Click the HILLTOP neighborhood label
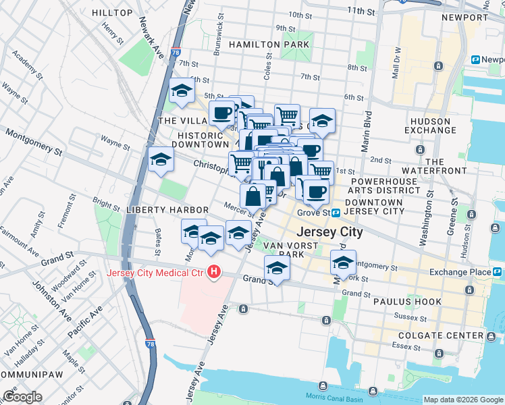(x=112, y=13)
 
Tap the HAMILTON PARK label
(x=269, y=45)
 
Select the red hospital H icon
(x=214, y=272)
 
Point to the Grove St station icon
(x=336, y=213)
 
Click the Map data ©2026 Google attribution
(x=463, y=400)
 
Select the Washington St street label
(x=427, y=221)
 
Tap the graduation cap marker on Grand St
(x=276, y=267)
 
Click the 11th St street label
(x=361, y=11)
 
